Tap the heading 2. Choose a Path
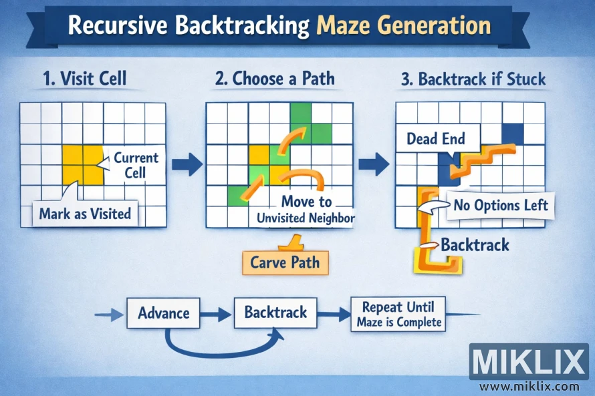click(x=275, y=79)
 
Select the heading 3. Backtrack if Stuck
click(x=473, y=79)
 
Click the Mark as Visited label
click(x=84, y=214)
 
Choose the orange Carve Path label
click(x=285, y=262)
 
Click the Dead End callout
click(x=435, y=139)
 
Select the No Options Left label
click(x=501, y=205)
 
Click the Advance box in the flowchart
click(x=163, y=313)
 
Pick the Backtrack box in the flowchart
click(x=275, y=313)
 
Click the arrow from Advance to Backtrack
click(x=217, y=313)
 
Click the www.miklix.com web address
click(x=529, y=386)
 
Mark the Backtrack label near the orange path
click(x=474, y=244)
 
